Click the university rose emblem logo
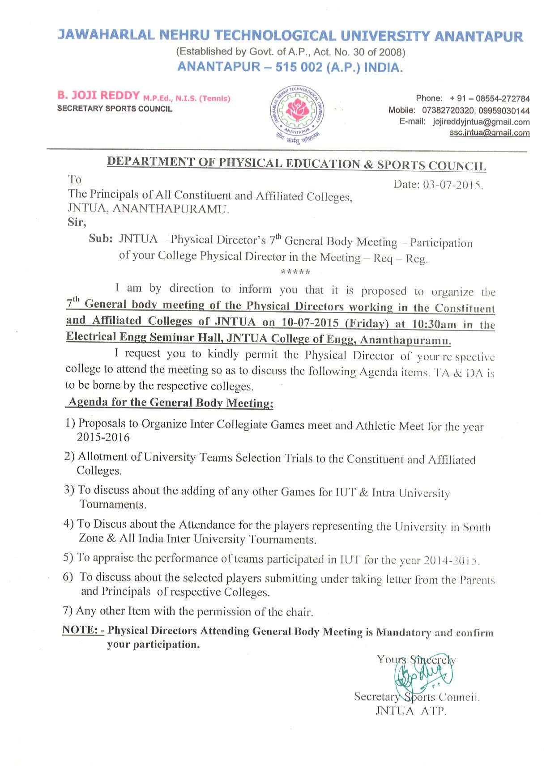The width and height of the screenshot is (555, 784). (x=297, y=111)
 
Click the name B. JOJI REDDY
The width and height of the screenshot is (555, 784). (x=98, y=95)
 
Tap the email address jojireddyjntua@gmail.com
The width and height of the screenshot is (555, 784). (x=481, y=122)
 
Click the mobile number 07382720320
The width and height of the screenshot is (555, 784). (x=443, y=110)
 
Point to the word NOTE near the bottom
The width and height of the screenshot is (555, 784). (x=80, y=630)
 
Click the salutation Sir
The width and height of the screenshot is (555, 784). (x=77, y=222)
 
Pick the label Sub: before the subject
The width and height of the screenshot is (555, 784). (x=100, y=238)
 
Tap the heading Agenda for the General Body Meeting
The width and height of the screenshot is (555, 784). (x=170, y=403)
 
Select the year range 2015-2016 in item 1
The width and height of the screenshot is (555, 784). (x=103, y=437)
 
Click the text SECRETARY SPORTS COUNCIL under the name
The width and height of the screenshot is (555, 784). (x=115, y=109)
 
